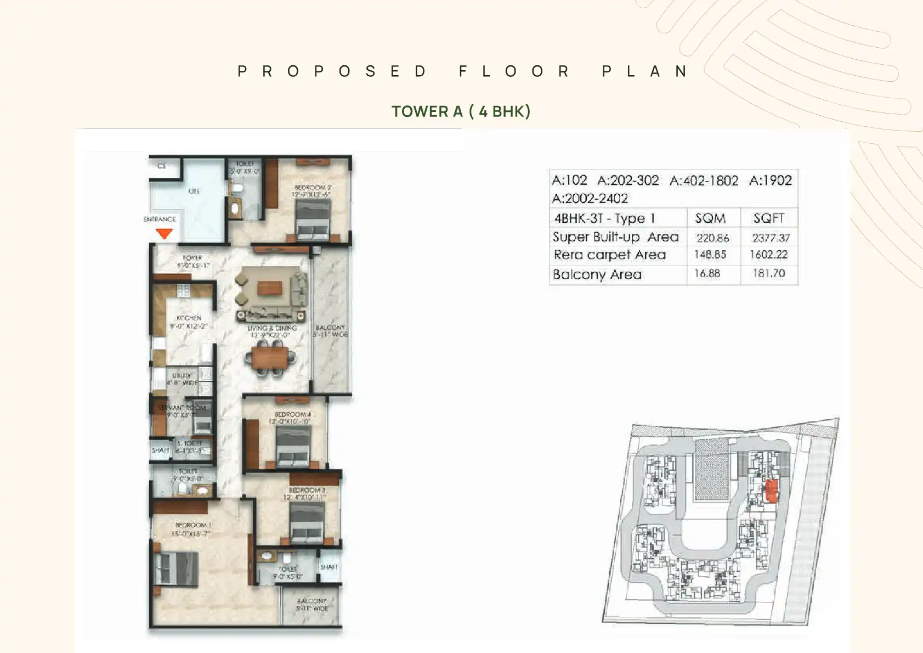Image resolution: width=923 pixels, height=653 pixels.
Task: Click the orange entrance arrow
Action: (164, 233)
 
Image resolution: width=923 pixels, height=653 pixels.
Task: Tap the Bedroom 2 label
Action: (313, 188)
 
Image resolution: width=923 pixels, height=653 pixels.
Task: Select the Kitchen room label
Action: (189, 318)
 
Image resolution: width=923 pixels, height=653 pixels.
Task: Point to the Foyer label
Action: (192, 258)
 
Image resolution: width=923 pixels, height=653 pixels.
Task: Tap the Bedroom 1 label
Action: (193, 525)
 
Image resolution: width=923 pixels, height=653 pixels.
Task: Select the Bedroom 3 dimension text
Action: (304, 497)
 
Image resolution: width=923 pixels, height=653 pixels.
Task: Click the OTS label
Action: (194, 191)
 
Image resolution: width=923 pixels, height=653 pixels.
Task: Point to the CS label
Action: (161, 166)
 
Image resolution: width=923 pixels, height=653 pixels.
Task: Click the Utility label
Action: (182, 376)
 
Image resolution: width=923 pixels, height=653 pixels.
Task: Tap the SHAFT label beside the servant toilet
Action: (161, 450)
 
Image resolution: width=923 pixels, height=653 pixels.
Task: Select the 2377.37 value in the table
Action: (771, 238)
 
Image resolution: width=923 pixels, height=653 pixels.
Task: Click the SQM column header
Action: (710, 218)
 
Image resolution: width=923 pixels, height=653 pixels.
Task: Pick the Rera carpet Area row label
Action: (609, 255)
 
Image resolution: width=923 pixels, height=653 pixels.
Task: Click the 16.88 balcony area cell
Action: (707, 273)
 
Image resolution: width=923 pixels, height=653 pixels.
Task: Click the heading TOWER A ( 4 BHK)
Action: (461, 111)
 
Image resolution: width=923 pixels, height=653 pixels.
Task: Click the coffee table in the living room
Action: (270, 288)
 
